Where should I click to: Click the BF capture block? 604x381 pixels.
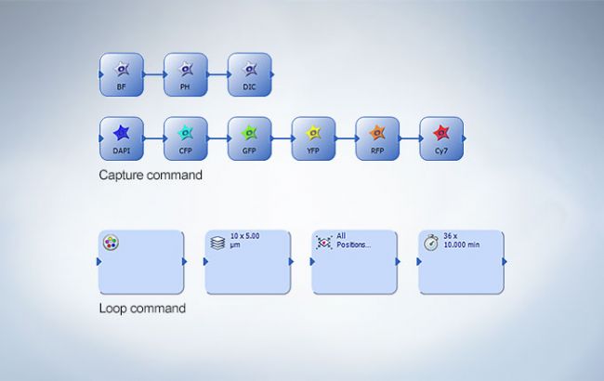pos(122,74)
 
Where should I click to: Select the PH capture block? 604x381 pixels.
pos(186,74)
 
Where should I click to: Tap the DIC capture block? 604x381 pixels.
pos(250,74)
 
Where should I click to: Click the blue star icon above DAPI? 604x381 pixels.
pos(122,133)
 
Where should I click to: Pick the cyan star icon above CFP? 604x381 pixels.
pos(185,133)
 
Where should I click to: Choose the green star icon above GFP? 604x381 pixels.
pos(249,133)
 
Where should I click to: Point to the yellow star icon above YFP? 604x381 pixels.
pos(313,133)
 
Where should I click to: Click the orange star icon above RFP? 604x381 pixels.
pos(377,133)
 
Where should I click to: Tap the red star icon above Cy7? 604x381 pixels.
pos(441,133)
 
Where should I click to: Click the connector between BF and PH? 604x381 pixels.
pos(154,74)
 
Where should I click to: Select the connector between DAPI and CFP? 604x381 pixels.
pos(154,138)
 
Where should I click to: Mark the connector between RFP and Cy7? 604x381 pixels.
pos(410,138)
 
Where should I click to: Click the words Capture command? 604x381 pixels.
pos(151,175)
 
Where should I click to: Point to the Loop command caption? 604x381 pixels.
pos(142,309)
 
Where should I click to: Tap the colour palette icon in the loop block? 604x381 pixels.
pos(111,243)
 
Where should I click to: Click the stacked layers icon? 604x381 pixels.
pos(217,243)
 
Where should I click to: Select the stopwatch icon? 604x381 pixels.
pos(431,243)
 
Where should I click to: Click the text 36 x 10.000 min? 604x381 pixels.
pos(462,241)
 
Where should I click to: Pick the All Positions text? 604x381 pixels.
pos(354,241)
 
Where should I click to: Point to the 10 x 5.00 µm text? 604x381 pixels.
pos(245,241)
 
